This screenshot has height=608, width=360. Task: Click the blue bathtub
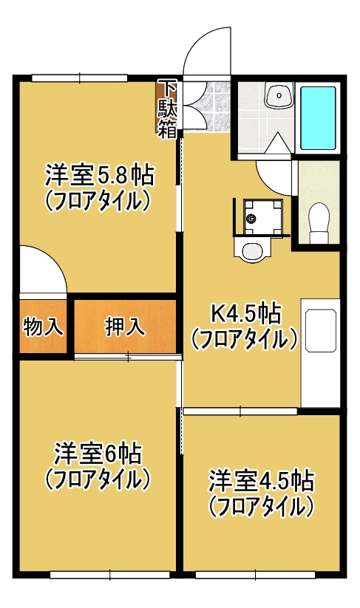point(318,118)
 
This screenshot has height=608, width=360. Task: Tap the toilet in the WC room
point(319,224)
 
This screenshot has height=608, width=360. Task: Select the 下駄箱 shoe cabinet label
point(167,109)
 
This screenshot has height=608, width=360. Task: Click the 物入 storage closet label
point(43,327)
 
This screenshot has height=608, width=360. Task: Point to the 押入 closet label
point(126,327)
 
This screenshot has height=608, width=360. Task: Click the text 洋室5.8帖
point(100,176)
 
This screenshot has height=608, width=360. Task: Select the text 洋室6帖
point(98,454)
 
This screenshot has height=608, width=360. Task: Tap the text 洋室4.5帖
point(261,481)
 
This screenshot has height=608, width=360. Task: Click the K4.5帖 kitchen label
point(245,314)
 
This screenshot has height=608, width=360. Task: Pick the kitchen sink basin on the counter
point(320,331)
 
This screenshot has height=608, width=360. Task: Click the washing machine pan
point(262,216)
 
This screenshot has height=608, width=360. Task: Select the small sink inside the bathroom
point(279,95)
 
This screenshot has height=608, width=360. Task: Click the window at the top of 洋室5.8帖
point(80,78)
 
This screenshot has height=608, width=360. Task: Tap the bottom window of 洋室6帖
point(111,575)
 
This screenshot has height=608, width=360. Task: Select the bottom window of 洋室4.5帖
point(256,575)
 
